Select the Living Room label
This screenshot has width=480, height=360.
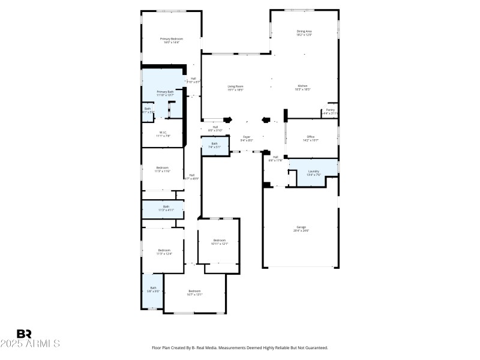[235, 88]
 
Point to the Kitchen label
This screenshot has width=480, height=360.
[303, 88]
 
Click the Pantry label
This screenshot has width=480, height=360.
[331, 111]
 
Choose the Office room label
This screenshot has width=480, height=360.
[311, 138]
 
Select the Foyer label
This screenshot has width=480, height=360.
[247, 139]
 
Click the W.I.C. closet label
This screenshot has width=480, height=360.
[163, 134]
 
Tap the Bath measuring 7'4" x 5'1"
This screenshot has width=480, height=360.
[215, 145]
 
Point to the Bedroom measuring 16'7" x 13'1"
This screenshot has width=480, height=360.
[194, 292]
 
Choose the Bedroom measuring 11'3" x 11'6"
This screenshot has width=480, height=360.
[163, 169]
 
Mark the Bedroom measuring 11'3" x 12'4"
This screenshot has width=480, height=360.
[164, 251]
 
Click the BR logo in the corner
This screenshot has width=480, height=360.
[25, 334]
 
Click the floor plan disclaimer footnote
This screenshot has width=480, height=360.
[240, 347]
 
